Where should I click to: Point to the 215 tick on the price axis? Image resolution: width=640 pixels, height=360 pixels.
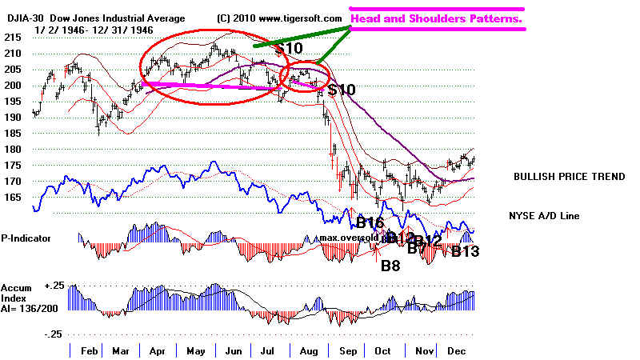pyautogui.click(x=10, y=38)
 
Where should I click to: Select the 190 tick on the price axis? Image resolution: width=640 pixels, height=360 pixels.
pyautogui.click(x=10, y=117)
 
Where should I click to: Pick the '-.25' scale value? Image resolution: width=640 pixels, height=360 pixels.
pyautogui.click(x=54, y=334)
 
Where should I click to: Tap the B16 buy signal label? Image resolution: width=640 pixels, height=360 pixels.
pyautogui.click(x=370, y=222)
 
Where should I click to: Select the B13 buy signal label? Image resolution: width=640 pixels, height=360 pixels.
pyautogui.click(x=465, y=253)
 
